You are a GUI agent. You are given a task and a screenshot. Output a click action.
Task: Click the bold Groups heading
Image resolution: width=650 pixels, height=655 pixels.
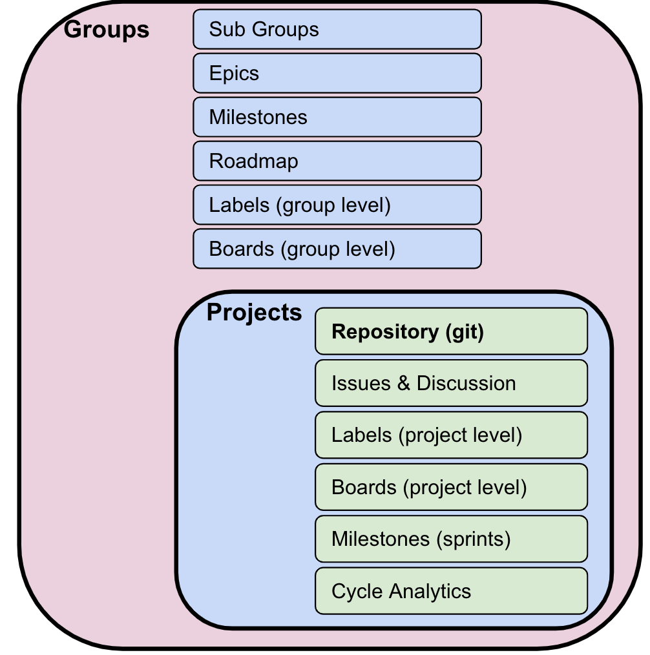pos(107,30)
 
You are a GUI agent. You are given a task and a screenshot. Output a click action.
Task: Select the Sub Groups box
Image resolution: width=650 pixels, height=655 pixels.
pos(337,29)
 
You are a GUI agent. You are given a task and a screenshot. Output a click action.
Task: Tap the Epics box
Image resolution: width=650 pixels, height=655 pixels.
pos(337,73)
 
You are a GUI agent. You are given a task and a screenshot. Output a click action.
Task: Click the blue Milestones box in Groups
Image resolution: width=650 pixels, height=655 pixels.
pos(337,117)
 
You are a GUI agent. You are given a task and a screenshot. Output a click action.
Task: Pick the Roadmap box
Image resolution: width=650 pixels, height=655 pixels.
pos(337,161)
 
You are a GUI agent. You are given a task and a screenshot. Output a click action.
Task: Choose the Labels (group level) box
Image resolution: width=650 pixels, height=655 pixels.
pos(337,205)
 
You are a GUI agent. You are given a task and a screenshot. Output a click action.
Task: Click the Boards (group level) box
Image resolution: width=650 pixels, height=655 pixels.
pos(337,249)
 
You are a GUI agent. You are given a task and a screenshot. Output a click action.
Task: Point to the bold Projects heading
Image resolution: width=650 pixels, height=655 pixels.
pos(254,313)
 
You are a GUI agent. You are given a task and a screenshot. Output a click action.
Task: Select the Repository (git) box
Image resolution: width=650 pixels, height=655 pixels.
pos(451,331)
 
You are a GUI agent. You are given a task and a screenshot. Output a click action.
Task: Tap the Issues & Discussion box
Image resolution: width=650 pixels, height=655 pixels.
pos(451,383)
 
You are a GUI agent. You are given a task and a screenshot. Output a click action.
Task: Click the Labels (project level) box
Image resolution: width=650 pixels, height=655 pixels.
pos(451,435)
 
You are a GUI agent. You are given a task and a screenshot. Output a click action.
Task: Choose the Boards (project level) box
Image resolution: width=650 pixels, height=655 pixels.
pos(451,486)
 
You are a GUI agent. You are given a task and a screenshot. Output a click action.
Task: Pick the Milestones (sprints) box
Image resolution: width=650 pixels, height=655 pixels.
pos(451,538)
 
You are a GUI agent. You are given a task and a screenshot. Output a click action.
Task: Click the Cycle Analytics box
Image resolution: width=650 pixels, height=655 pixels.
pos(451,590)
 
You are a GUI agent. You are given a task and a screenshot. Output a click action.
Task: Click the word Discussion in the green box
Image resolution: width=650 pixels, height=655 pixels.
pos(466,383)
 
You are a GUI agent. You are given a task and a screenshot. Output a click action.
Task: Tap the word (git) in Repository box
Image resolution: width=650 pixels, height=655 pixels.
pos(464,332)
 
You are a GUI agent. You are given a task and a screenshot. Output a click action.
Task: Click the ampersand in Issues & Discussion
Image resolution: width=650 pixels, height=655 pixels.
pos(404,384)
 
